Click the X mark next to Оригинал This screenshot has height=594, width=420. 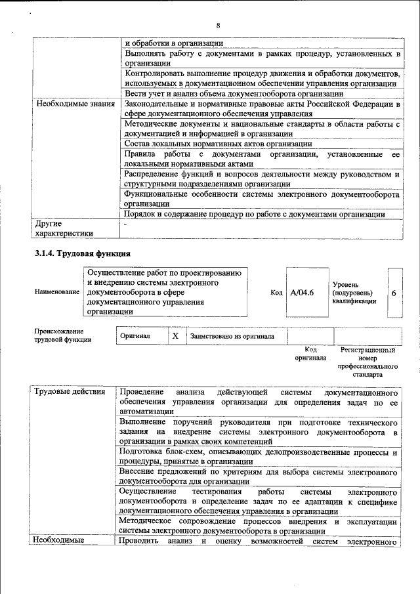pos(175,336)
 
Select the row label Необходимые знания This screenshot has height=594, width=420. pos(75,104)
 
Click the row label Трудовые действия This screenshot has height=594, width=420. pos(70,392)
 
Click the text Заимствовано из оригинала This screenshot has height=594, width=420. pos(232,336)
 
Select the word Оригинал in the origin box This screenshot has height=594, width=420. pos(135,336)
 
